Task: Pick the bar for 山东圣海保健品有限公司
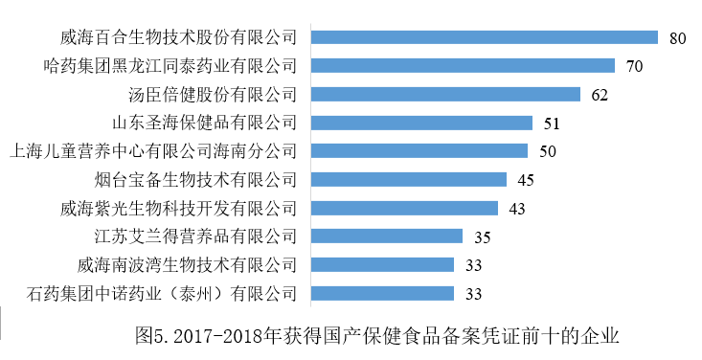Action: click(x=422, y=123)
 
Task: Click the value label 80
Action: click(x=678, y=39)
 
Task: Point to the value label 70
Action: click(x=634, y=67)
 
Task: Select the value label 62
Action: click(x=600, y=95)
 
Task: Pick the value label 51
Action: click(x=552, y=124)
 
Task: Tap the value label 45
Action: click(x=526, y=180)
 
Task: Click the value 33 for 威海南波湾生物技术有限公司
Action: click(x=473, y=265)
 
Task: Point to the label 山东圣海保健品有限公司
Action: click(x=204, y=124)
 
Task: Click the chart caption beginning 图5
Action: click(x=378, y=336)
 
